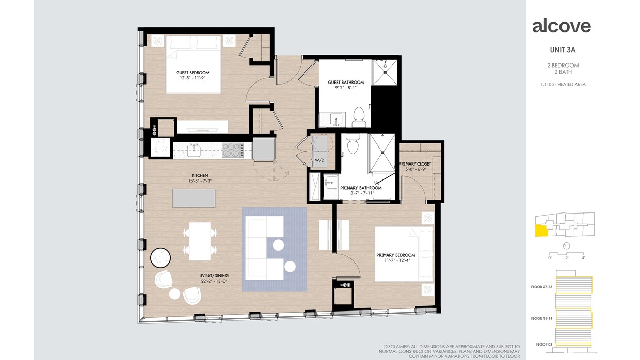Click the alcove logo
pos(561,26)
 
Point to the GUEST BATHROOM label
pos(345,83)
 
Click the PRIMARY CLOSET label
pos(414,164)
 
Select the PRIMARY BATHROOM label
pos(361,188)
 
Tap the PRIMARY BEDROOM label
pos(395,255)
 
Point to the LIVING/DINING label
pos(215,275)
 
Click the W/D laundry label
pos(319,161)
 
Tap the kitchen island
pos(194,198)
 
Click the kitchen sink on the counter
pos(194,151)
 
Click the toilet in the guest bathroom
pos(358,117)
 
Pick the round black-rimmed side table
pos(160,257)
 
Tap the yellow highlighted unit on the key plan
pos(541,230)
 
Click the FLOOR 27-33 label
pos(541,287)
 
